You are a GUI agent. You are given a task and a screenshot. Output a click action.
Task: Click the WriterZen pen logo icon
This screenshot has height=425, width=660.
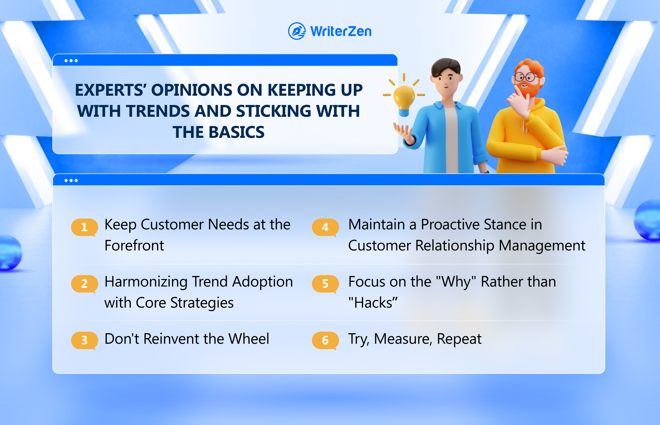297,31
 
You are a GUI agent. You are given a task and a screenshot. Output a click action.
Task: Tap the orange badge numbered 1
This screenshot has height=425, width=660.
84,227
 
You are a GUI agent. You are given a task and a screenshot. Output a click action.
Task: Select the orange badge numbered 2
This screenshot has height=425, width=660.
84,284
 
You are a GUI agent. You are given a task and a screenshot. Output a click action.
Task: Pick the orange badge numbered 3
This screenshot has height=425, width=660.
84,340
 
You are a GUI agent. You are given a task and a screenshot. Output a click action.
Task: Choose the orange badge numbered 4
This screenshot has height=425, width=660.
325,227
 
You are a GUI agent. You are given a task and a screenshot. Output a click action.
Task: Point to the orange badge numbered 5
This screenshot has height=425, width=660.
325,284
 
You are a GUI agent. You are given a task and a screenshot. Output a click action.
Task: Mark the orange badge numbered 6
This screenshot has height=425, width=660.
325,340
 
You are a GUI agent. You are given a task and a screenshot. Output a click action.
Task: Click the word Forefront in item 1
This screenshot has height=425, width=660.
134,245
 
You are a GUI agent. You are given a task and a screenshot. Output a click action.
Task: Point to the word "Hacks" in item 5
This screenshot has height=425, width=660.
373,302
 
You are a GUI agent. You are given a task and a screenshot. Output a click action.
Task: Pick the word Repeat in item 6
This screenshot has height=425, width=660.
459,339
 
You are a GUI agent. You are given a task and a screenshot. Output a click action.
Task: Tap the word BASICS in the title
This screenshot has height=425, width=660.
236,132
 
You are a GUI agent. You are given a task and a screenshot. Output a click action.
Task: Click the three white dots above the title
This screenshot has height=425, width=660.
71,61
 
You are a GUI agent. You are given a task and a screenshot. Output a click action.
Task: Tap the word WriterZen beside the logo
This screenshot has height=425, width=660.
341,31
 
